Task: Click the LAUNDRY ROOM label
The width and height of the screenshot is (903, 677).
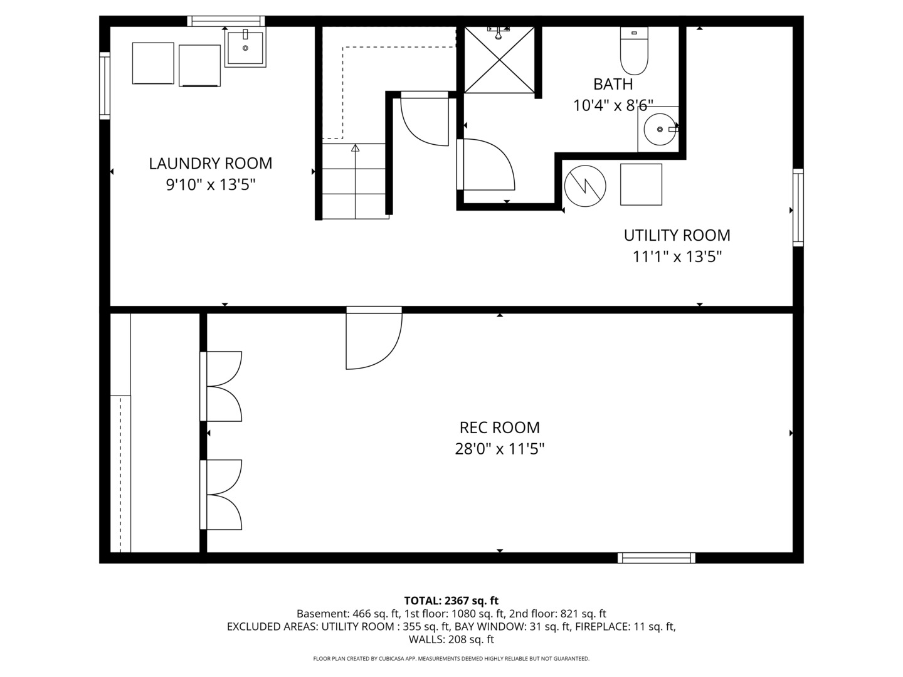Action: tap(210, 164)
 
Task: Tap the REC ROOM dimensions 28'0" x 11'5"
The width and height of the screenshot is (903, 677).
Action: tap(499, 449)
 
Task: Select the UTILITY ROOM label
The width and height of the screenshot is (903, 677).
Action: tap(677, 235)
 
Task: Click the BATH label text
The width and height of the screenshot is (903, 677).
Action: tap(613, 84)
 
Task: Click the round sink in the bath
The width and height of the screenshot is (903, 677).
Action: tap(658, 129)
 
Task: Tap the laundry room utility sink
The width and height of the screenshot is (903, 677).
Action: tap(245, 47)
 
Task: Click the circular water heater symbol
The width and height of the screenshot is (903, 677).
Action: tap(585, 186)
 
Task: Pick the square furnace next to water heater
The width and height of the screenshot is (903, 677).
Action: tap(641, 184)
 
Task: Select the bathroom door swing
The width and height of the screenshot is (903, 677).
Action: tap(485, 164)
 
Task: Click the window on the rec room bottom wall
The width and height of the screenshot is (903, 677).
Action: tap(656, 558)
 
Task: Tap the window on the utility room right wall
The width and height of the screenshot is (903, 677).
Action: tap(798, 207)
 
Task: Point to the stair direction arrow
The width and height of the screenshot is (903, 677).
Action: tap(355, 149)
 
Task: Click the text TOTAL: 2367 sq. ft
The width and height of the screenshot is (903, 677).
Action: tap(451, 601)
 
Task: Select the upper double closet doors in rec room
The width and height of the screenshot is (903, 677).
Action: tap(222, 386)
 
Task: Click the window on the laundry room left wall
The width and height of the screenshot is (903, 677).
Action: tap(105, 86)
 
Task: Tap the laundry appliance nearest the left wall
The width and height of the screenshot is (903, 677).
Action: tap(153, 63)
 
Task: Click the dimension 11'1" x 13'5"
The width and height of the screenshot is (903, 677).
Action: tap(677, 256)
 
